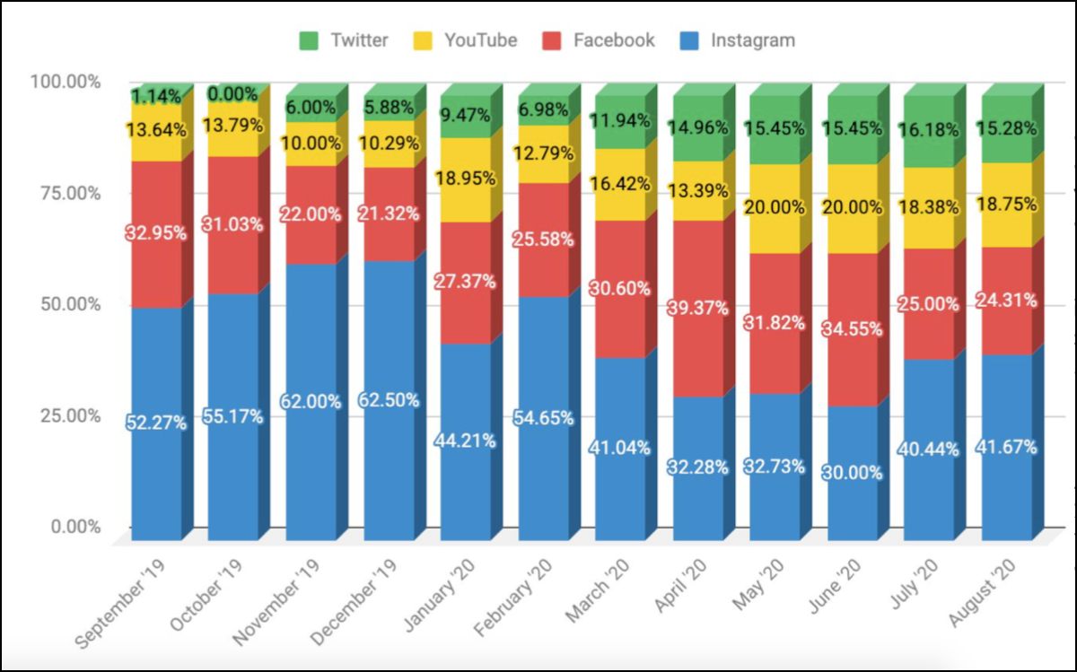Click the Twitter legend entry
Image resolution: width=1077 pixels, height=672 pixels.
[x=343, y=40]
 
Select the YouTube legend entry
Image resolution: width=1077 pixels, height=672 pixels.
[x=465, y=40]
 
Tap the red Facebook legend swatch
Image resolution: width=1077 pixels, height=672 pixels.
[x=551, y=41]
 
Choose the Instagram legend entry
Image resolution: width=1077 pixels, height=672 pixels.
[x=738, y=40]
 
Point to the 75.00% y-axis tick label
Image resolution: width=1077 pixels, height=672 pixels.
[x=71, y=193]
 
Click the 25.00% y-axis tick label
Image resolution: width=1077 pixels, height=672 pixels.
[x=71, y=415]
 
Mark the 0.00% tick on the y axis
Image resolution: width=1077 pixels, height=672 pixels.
[x=76, y=527]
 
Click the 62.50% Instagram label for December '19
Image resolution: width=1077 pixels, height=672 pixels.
[x=389, y=400]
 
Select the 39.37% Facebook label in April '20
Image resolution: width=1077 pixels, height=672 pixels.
[x=697, y=308]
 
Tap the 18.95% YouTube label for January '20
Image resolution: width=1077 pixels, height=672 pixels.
[x=466, y=179]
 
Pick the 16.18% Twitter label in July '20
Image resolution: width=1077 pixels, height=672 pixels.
[x=928, y=129]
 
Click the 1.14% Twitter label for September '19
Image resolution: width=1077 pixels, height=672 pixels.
[x=156, y=97]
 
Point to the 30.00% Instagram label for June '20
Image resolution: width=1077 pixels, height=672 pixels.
[x=852, y=473]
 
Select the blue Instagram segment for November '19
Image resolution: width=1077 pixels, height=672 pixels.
[x=311, y=402]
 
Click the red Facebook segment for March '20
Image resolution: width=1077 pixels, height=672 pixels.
[x=620, y=290]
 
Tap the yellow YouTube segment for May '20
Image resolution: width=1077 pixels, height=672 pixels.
[x=775, y=209]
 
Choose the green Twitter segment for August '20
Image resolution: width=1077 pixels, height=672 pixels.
[x=1006, y=129]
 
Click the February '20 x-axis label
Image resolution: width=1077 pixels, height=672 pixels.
[x=513, y=598]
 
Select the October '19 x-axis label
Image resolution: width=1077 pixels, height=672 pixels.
[x=206, y=596]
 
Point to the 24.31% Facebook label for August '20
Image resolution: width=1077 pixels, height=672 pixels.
[x=1006, y=301]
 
